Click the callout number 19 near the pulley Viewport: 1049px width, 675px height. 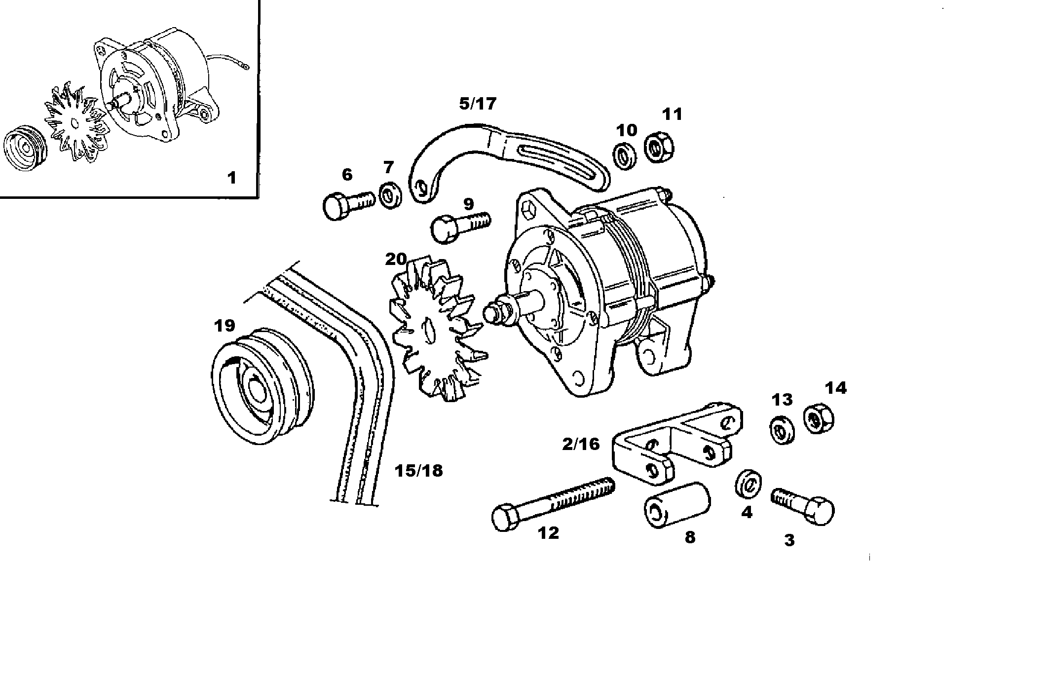click(x=225, y=326)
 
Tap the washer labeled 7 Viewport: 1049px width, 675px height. click(x=391, y=195)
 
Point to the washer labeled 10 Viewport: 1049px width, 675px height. click(x=625, y=157)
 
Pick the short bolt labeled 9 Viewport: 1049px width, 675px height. click(x=459, y=227)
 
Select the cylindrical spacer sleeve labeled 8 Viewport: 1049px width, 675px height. click(x=677, y=505)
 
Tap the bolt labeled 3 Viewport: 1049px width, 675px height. click(x=803, y=506)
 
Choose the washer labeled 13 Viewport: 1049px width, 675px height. click(x=782, y=430)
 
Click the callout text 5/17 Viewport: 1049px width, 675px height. click(x=478, y=104)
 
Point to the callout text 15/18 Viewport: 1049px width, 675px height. click(x=418, y=471)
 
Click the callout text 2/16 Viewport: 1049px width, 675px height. click(x=581, y=444)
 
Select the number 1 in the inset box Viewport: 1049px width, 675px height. click(x=231, y=177)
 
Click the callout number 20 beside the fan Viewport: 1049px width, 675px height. click(x=396, y=259)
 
